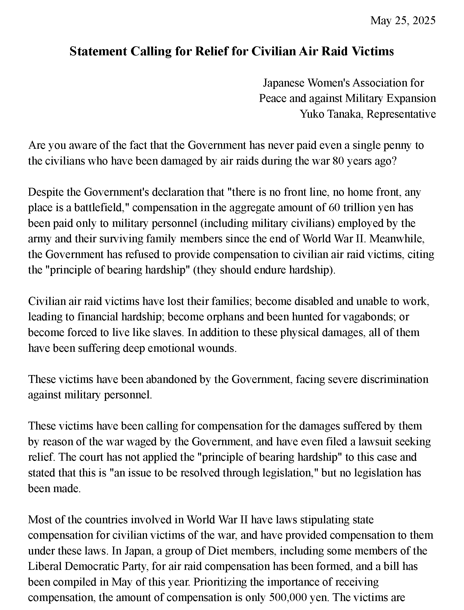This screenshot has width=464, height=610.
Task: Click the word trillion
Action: (360, 207)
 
